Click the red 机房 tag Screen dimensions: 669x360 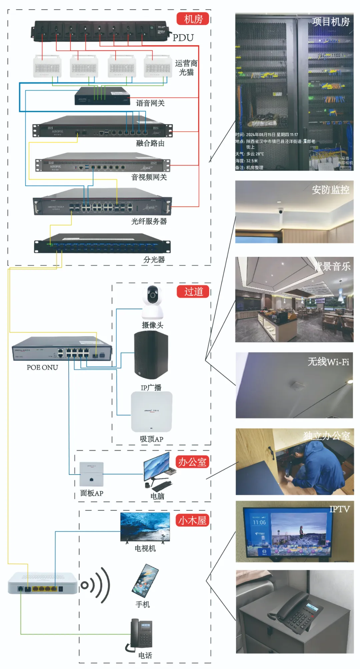point(193,19)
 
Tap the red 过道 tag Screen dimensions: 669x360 point(193,291)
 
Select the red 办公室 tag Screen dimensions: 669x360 point(192,462)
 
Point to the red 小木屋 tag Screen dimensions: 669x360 point(192,521)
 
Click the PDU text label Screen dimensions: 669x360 point(183,38)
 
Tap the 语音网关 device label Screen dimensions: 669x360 point(150,103)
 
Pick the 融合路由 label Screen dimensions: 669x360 point(150,143)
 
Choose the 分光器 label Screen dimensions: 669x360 point(154,260)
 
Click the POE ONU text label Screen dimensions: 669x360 point(42,368)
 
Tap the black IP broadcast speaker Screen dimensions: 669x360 point(151,355)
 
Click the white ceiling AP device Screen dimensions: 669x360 point(152,412)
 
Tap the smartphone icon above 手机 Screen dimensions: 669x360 point(145,581)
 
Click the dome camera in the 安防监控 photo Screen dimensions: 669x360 point(281,211)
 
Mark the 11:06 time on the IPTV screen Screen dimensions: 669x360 point(259,523)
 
